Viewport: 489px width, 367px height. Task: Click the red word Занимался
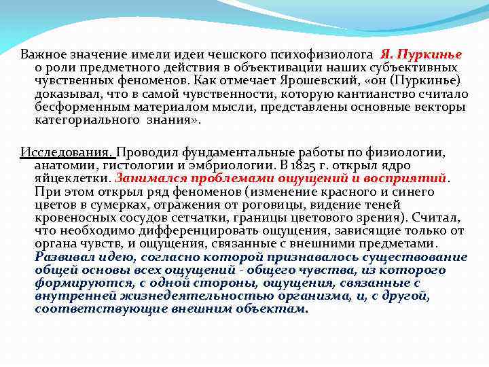coord(146,178)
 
